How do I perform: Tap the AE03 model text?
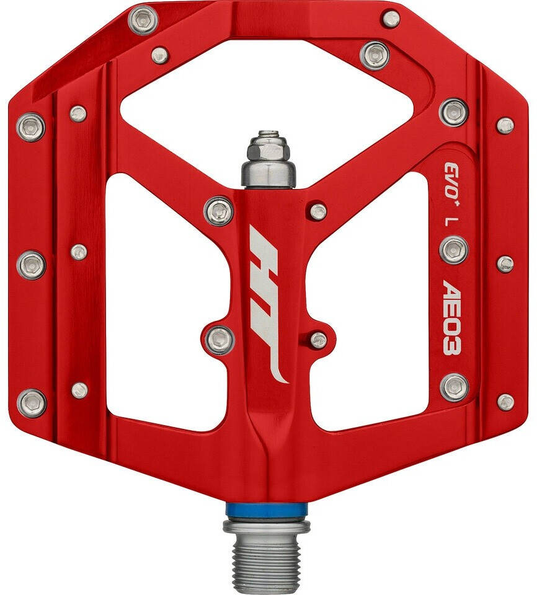(x=452, y=317)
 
